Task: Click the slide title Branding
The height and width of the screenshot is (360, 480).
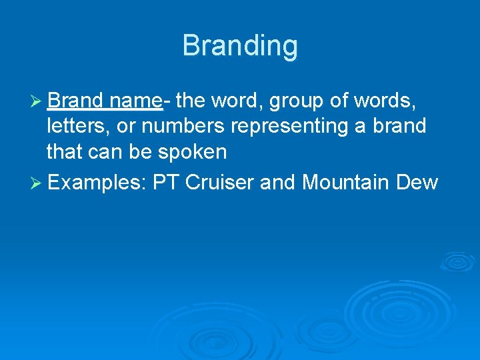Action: click(x=240, y=46)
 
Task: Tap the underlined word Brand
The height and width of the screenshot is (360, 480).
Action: click(x=75, y=101)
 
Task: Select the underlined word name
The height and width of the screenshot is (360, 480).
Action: click(x=135, y=101)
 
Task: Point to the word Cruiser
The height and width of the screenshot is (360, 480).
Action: click(x=219, y=181)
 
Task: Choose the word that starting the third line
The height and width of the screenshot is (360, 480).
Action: click(x=65, y=151)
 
